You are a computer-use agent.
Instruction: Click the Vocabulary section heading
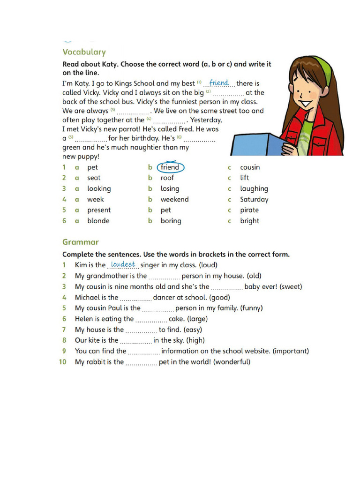[84, 52]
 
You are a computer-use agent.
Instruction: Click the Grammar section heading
[81, 242]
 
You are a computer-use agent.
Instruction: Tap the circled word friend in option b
[170, 167]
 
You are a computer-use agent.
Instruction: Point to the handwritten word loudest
[123, 264]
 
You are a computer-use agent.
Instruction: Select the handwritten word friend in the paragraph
[219, 83]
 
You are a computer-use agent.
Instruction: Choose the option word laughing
[254, 188]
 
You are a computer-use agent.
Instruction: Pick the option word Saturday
[254, 199]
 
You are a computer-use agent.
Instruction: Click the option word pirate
[249, 210]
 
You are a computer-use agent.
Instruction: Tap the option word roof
[167, 178]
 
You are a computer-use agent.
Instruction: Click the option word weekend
[174, 199]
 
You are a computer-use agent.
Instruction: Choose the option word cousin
[250, 167]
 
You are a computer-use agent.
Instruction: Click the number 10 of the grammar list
[62, 362]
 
